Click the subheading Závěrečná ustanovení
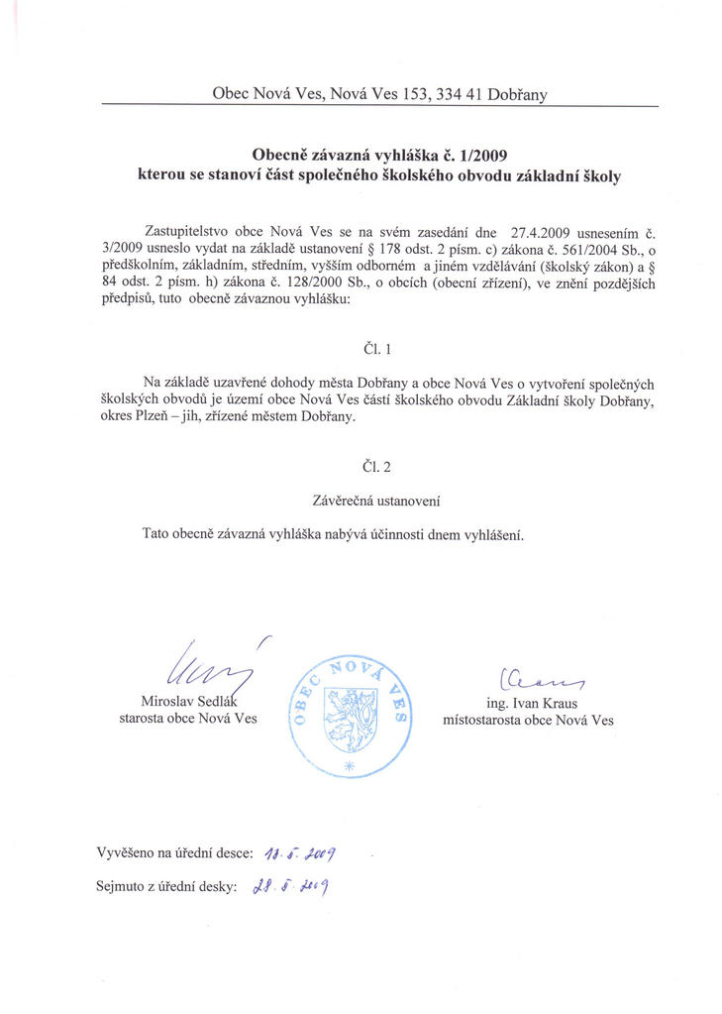381,502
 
